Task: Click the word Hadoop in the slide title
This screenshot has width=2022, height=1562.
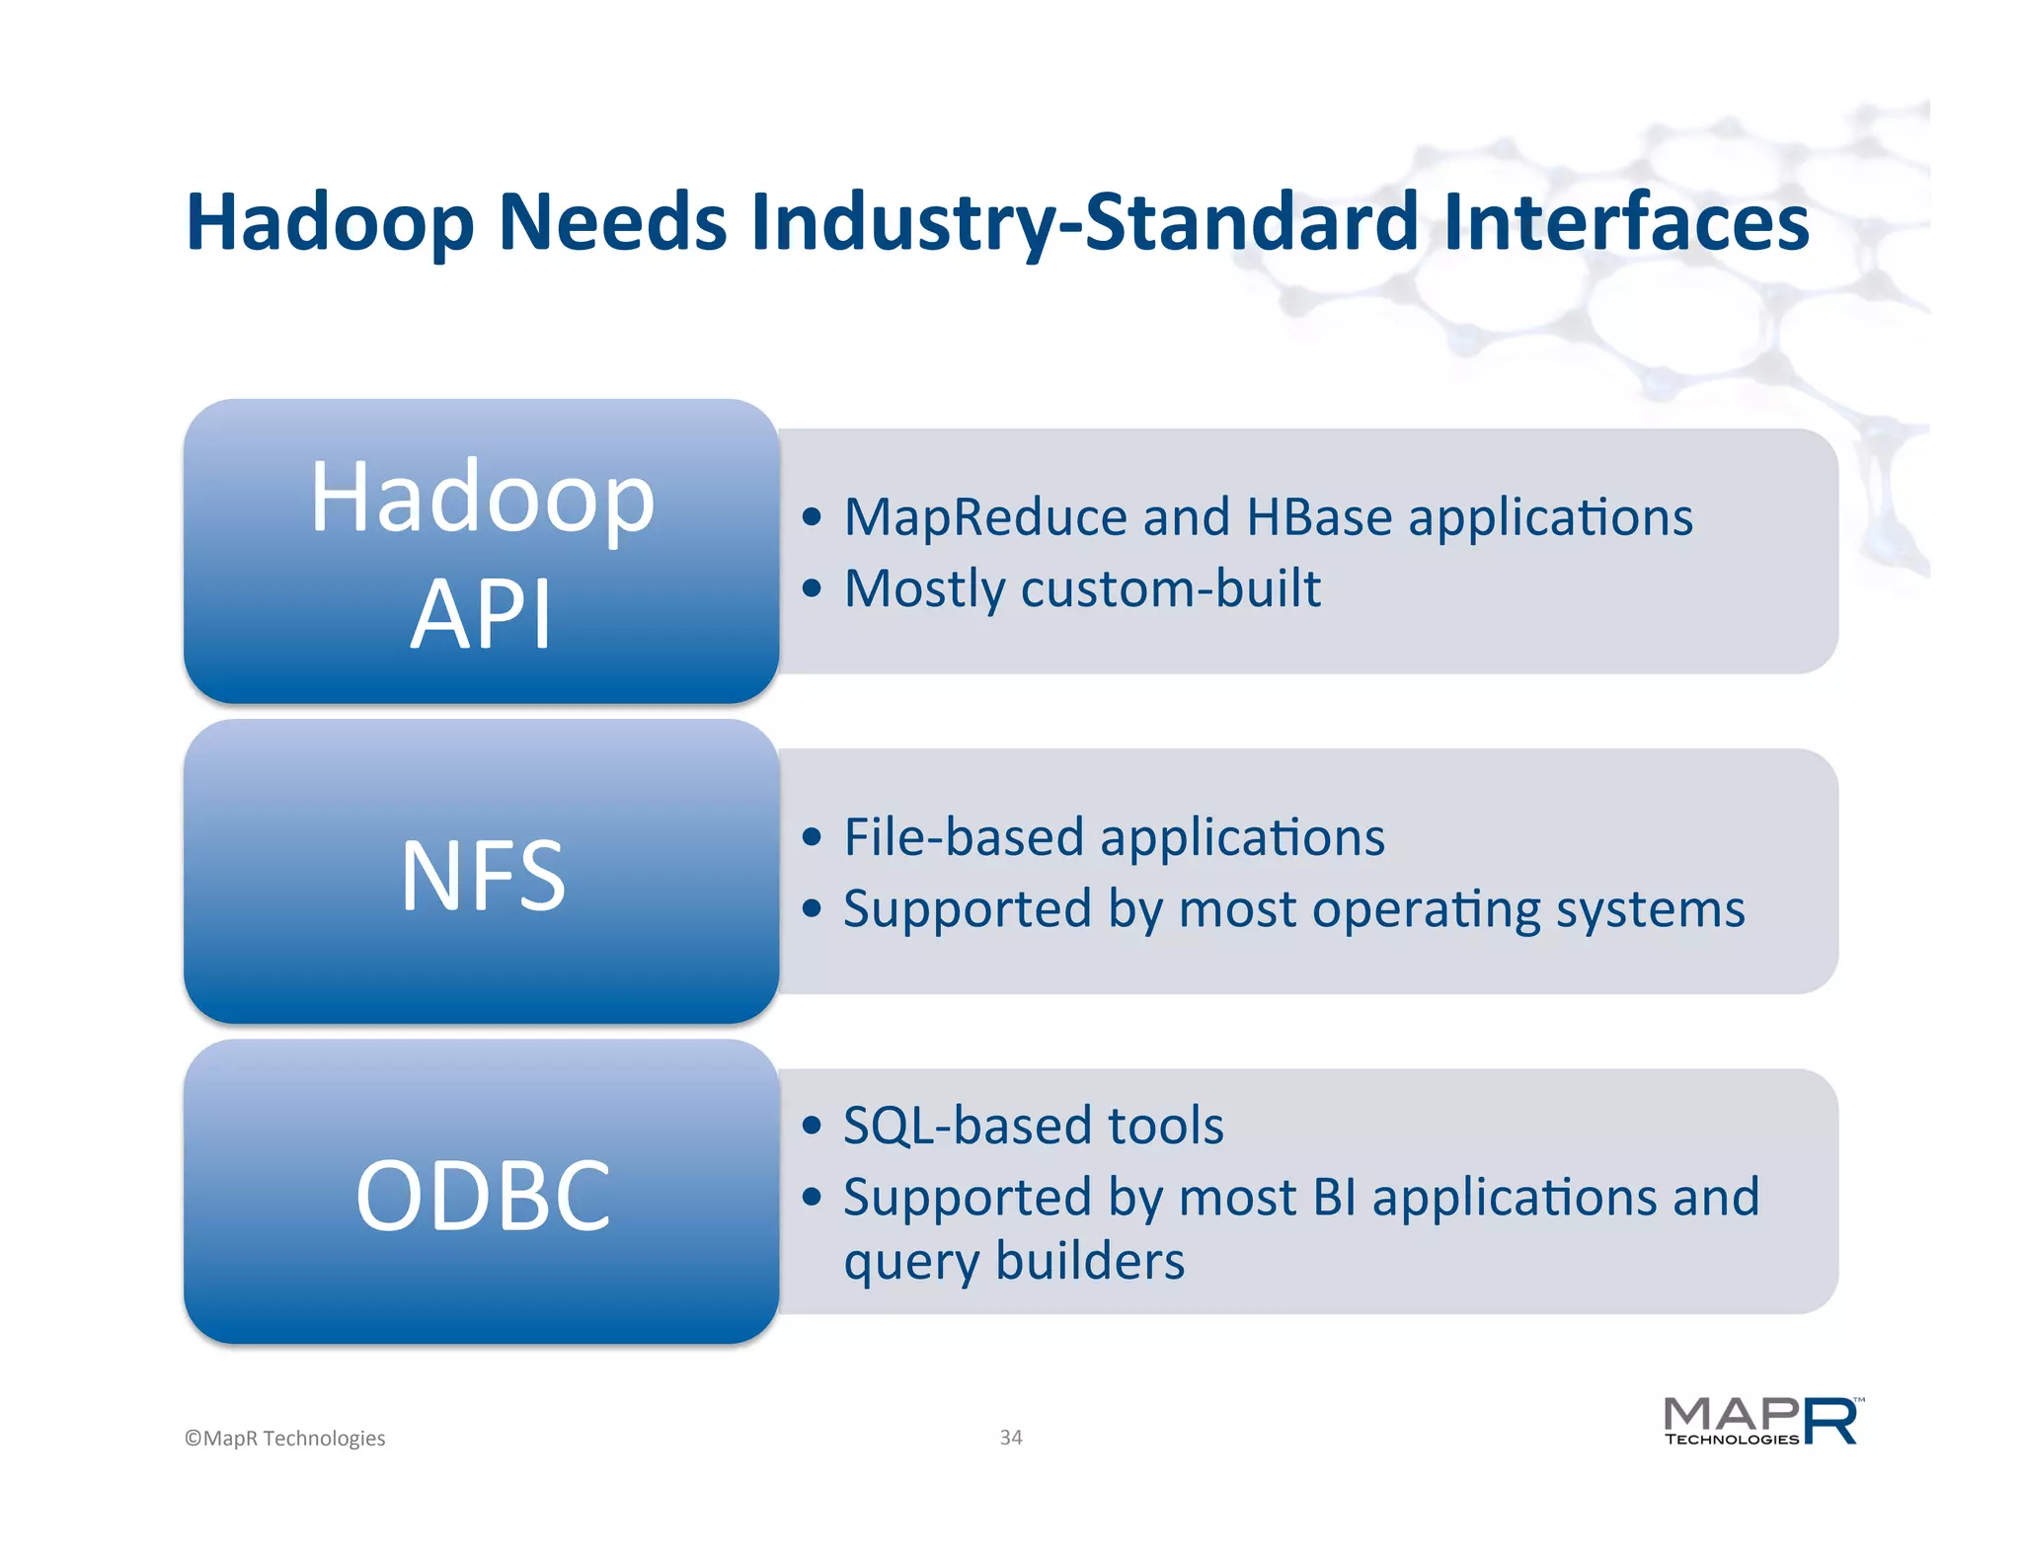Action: pos(331,223)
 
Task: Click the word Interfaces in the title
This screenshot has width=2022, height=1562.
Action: pos(1625,221)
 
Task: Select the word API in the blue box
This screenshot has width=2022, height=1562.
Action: pos(481,614)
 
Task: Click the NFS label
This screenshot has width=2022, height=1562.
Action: pos(482,875)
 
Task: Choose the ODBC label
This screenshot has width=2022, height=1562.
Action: pos(482,1195)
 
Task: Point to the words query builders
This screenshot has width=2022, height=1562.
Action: pos(1014,1262)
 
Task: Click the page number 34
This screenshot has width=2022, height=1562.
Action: pos(1011,1438)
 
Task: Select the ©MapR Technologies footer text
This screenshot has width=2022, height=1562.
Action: pos(285,1439)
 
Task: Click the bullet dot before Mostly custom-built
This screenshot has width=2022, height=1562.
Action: pos(812,589)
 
